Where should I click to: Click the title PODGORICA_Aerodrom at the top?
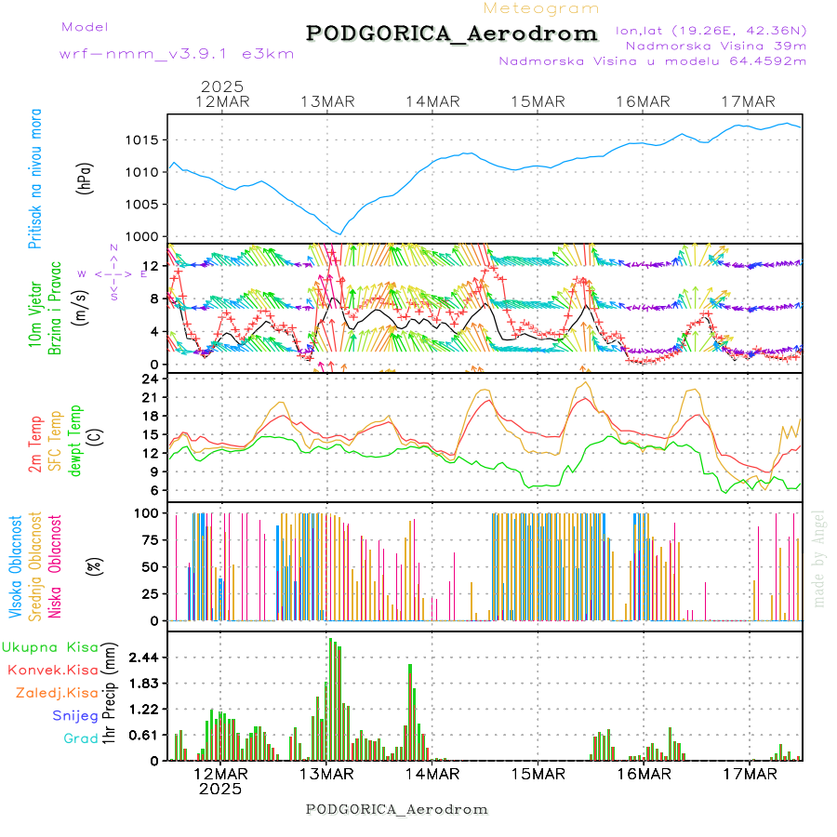tap(452, 33)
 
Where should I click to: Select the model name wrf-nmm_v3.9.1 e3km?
tap(177, 54)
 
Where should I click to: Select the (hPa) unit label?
tap(86, 177)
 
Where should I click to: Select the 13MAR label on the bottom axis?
tap(326, 774)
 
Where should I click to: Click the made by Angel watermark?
tap(819, 558)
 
